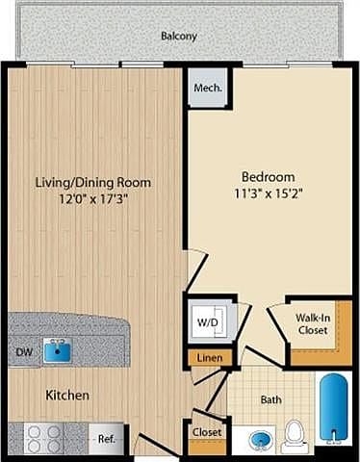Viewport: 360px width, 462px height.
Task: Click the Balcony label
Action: click(x=179, y=36)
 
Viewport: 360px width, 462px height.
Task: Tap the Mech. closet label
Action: click(x=208, y=88)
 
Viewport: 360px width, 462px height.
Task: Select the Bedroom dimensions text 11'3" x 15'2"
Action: click(x=268, y=193)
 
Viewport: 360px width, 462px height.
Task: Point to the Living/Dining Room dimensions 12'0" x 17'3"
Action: click(x=93, y=199)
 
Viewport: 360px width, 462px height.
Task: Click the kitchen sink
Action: click(x=58, y=350)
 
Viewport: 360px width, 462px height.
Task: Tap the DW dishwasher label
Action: click(x=24, y=352)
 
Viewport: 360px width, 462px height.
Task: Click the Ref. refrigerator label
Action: click(x=107, y=439)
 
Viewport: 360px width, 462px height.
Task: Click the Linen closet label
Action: click(x=210, y=358)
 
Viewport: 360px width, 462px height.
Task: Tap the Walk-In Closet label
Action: click(x=313, y=324)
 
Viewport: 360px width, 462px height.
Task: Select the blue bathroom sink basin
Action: click(x=261, y=439)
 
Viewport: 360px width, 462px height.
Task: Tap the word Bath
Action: click(x=271, y=399)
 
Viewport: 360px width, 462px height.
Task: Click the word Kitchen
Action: click(x=67, y=395)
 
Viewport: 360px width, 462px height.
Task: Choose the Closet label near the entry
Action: click(x=207, y=432)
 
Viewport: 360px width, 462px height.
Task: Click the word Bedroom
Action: click(x=269, y=177)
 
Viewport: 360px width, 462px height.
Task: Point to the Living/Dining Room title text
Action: click(x=93, y=183)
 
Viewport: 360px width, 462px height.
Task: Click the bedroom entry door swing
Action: click(x=196, y=269)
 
